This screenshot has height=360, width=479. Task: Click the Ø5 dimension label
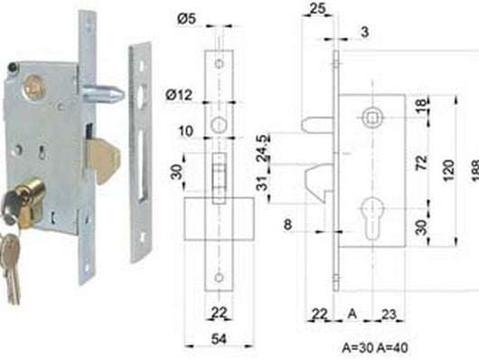click(186, 19)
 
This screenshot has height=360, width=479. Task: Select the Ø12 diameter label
click(179, 95)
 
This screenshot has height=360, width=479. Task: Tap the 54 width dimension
click(219, 339)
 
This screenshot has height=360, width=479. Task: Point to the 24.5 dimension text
click(263, 147)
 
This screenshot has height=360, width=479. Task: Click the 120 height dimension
click(448, 170)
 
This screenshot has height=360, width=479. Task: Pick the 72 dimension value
click(421, 163)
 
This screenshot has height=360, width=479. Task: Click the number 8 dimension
click(287, 224)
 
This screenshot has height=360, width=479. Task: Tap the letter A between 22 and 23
click(352, 314)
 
